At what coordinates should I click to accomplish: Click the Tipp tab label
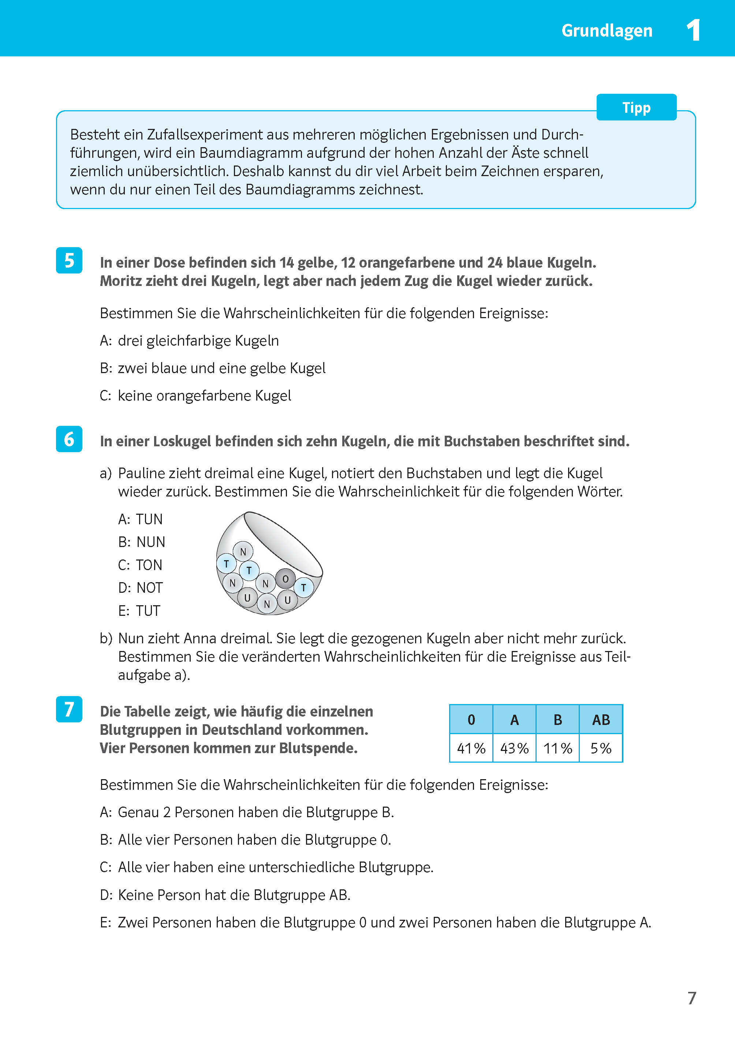click(636, 108)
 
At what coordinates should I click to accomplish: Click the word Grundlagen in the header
click(607, 31)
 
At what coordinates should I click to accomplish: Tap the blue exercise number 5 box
click(69, 260)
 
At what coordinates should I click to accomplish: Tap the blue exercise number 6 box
click(69, 439)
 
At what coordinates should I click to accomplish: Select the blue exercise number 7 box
click(69, 709)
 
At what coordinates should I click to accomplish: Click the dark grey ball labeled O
click(285, 578)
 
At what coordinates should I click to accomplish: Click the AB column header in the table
click(601, 720)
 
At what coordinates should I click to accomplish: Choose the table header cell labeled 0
click(471, 720)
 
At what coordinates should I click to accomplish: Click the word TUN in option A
click(149, 519)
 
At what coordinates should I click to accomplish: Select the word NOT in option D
click(149, 588)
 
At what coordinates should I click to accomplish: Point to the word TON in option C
click(149, 565)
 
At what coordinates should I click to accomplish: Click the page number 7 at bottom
click(691, 998)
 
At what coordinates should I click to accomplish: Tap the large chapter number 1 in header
click(693, 31)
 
